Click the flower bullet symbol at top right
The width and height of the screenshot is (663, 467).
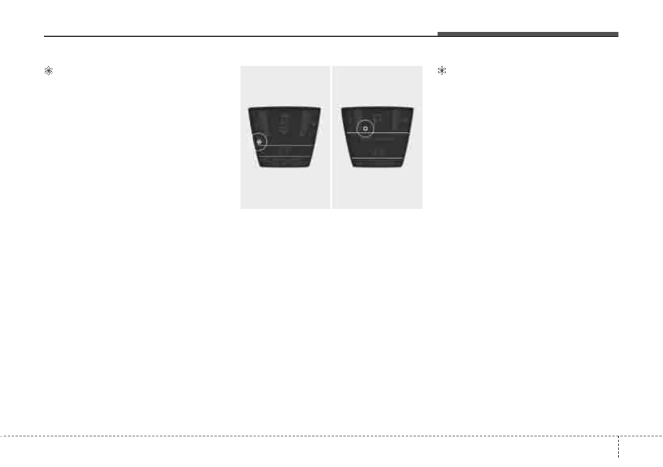(442, 71)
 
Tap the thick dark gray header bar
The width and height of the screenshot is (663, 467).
(527, 34)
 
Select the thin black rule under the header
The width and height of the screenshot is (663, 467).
(239, 37)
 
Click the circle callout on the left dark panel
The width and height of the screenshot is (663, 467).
(259, 142)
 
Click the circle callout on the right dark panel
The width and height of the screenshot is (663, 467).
(365, 129)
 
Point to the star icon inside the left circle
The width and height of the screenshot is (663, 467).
(259, 142)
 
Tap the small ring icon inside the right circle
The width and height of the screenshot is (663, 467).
(365, 129)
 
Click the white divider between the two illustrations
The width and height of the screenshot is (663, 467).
(331, 137)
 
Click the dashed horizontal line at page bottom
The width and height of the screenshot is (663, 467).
(306, 436)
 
